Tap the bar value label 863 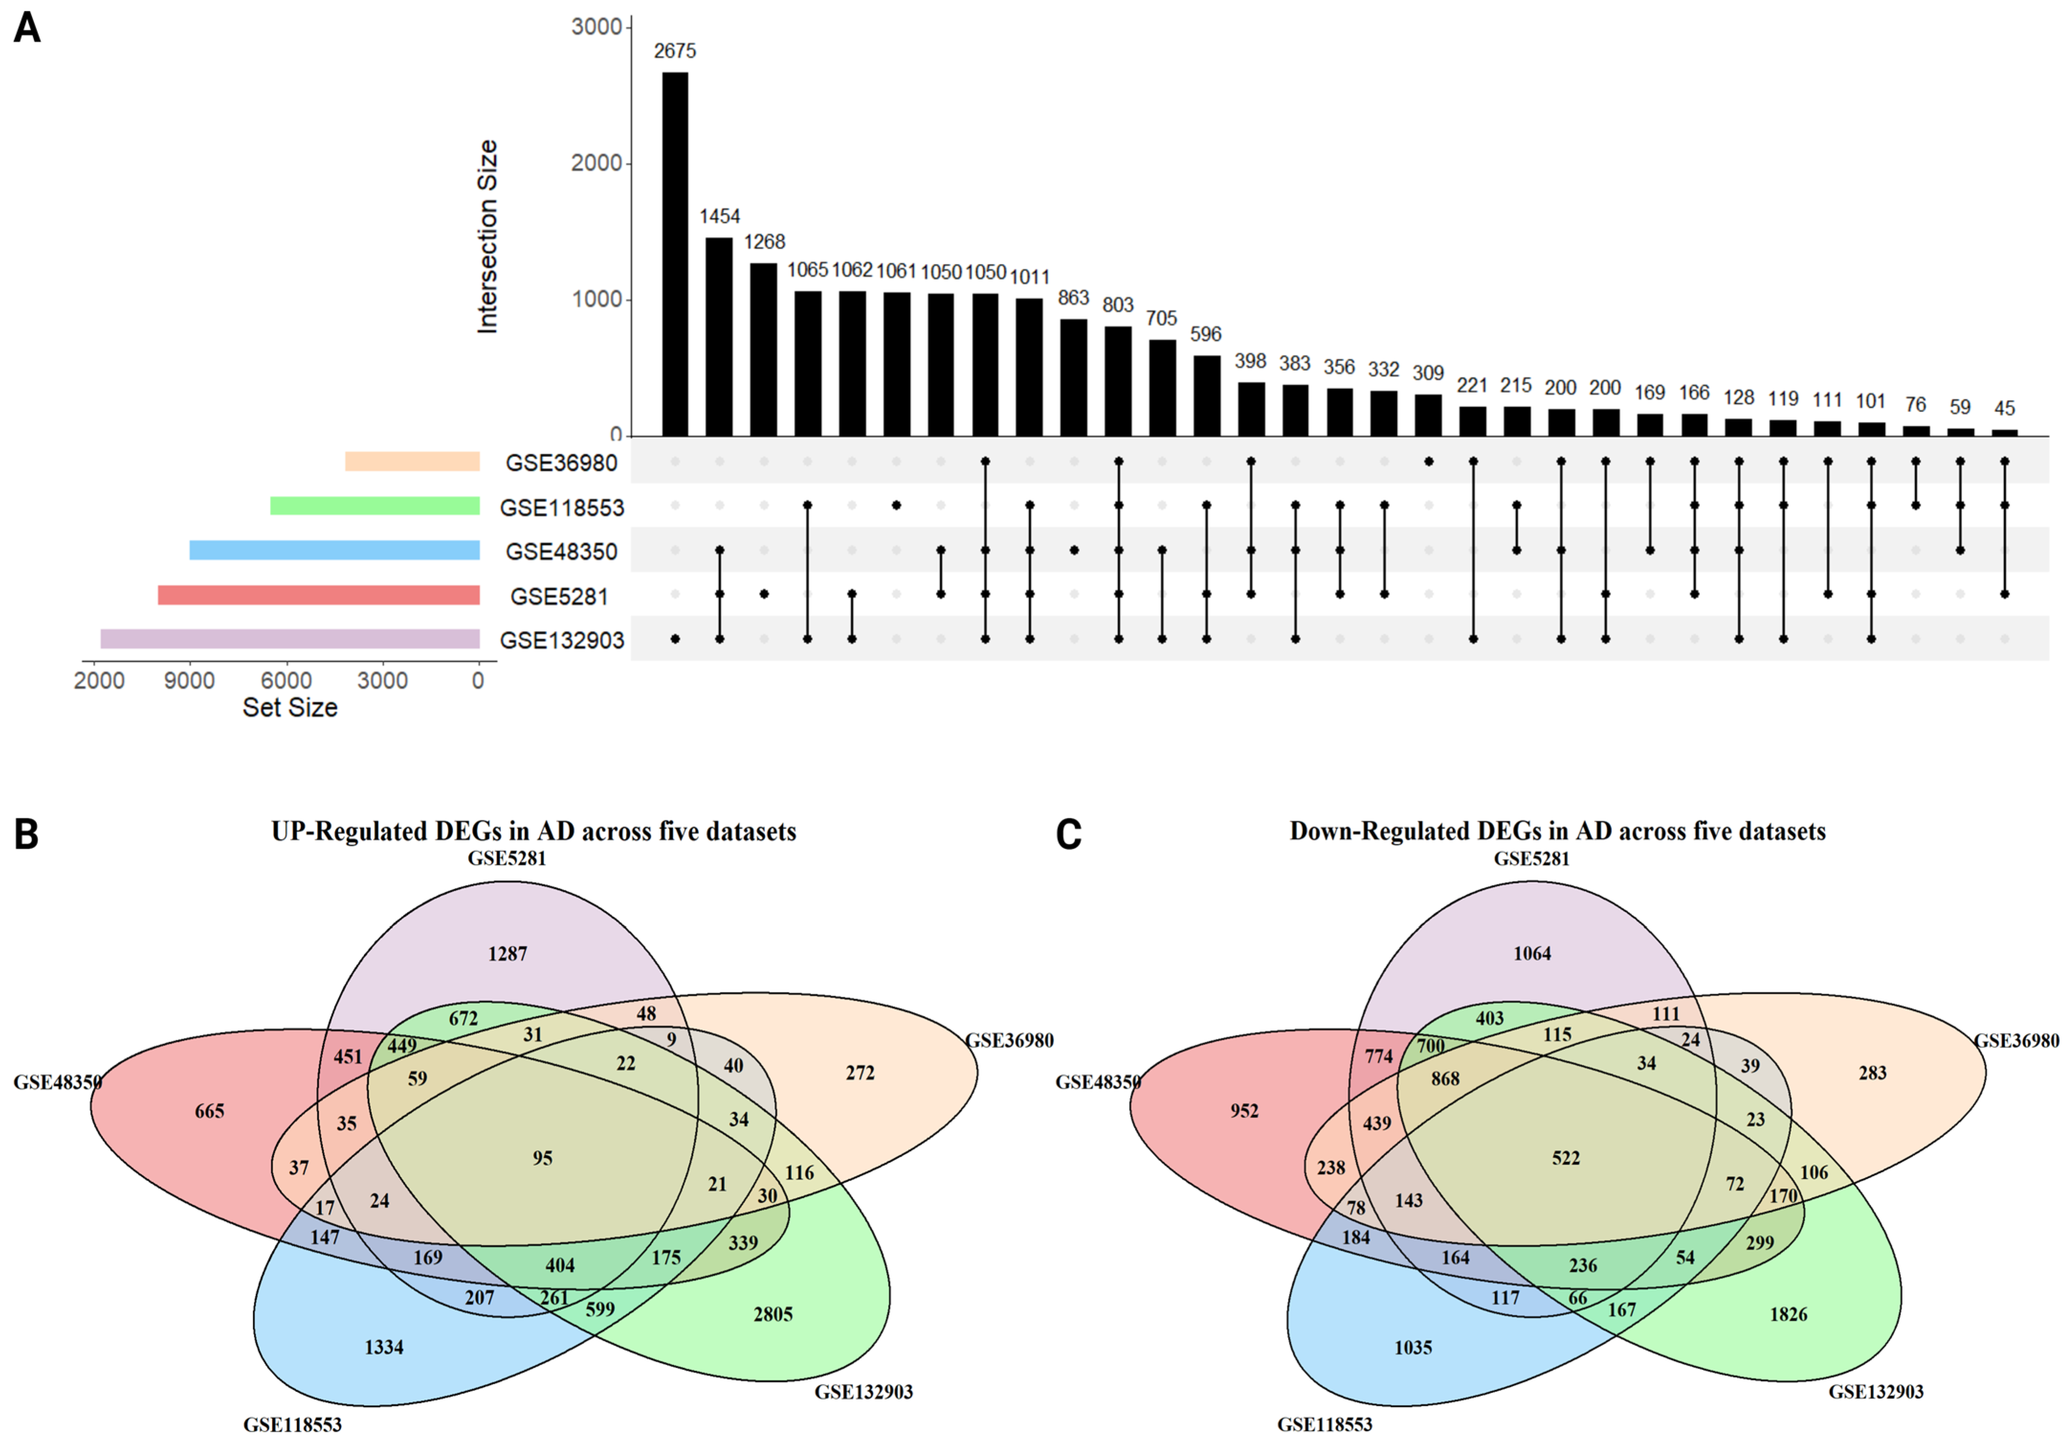click(x=1073, y=298)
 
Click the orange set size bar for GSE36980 click(x=412, y=462)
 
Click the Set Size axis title click(x=289, y=707)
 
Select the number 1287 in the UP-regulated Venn click(x=507, y=954)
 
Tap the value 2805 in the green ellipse click(x=772, y=1314)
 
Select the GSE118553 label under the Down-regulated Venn click(x=1324, y=1425)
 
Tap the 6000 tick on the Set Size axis click(x=286, y=681)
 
